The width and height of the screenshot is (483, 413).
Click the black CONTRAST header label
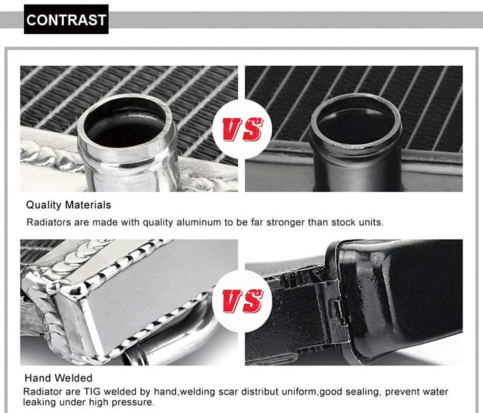(x=66, y=19)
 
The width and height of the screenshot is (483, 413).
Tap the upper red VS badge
(x=242, y=129)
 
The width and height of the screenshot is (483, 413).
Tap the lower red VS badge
(x=242, y=301)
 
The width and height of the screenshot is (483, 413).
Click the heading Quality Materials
(x=68, y=205)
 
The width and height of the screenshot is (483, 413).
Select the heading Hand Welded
(x=59, y=378)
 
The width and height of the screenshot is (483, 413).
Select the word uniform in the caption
(x=299, y=392)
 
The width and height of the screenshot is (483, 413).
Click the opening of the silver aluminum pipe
(x=126, y=121)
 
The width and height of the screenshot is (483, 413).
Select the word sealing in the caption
(x=362, y=392)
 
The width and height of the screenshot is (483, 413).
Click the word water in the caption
(x=435, y=392)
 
